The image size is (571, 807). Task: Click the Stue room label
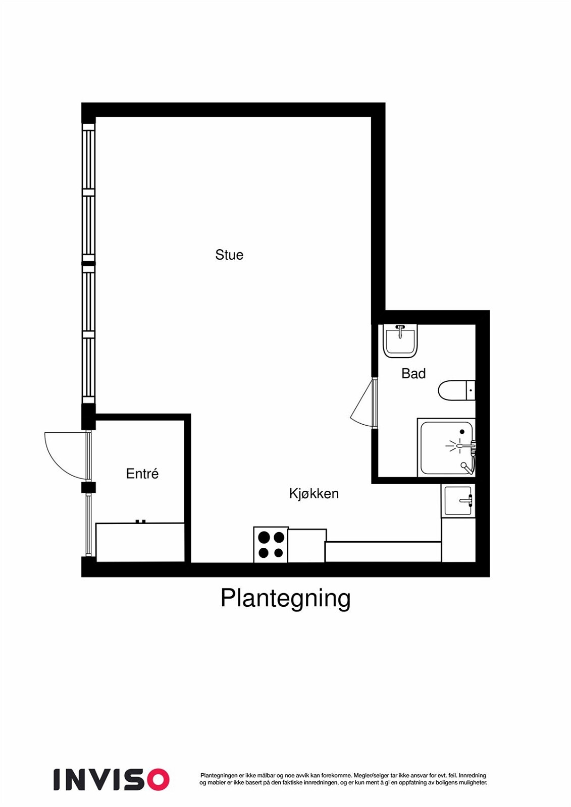[x=229, y=255]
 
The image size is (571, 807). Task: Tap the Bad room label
[x=413, y=373]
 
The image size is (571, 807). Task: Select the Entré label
[x=142, y=474]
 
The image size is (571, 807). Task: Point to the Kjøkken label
[x=314, y=493]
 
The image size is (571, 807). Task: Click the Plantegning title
[x=285, y=598]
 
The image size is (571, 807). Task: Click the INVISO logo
[x=111, y=780]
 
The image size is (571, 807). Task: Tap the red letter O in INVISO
[x=158, y=780]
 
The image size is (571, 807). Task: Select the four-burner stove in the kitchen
[x=271, y=545]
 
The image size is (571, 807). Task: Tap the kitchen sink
[x=458, y=501]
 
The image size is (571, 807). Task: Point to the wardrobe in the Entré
[x=140, y=542]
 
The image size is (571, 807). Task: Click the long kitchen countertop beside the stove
[x=383, y=552]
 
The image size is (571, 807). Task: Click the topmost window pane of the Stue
[x=89, y=159]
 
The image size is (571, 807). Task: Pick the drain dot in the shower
[x=461, y=432]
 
